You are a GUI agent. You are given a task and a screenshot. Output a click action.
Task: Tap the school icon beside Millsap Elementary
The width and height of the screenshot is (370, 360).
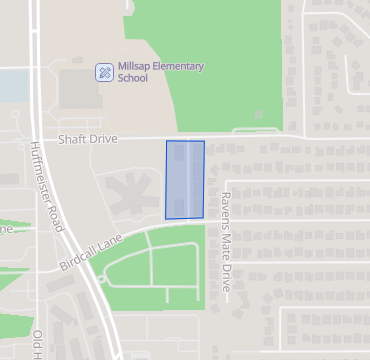tap(104, 72)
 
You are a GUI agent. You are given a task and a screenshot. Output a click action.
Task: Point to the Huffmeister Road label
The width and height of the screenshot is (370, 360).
tap(46, 185)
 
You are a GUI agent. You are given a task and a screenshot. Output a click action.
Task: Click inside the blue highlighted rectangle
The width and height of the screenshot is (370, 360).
tap(185, 180)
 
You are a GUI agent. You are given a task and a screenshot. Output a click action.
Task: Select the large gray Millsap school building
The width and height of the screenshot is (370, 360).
tap(80, 89)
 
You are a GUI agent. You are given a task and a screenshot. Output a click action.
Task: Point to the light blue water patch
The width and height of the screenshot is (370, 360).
tap(10, 86)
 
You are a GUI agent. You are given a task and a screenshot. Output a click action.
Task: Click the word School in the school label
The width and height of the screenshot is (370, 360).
tap(132, 78)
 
